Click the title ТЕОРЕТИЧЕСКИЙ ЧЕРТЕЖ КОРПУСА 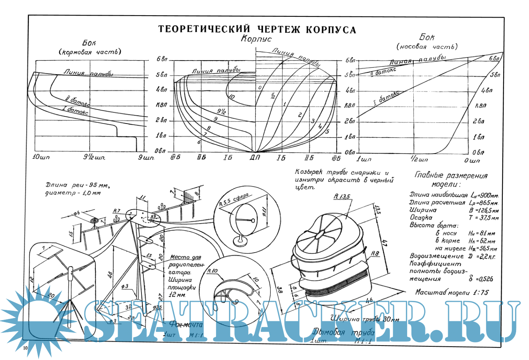pos(257,30)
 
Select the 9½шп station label pos(95,158)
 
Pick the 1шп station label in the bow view pos(364,159)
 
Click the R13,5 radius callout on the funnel pos(342,197)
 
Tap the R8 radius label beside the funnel pos(375,254)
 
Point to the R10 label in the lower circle pos(213,271)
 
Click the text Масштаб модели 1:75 pos(452,292)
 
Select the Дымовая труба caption pos(343,333)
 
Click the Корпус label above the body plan pos(256,39)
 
